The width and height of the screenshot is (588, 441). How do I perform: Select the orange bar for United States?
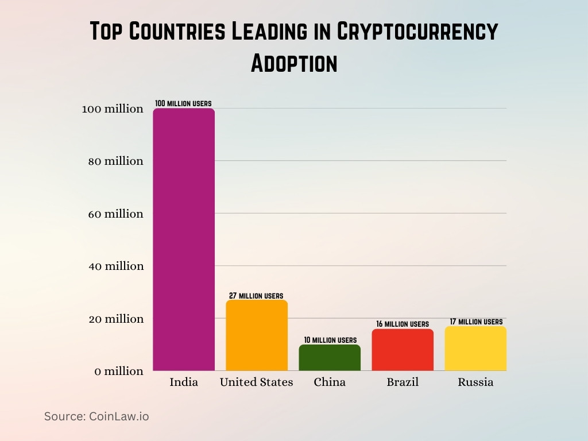coord(257,335)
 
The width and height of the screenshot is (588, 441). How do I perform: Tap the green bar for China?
coord(330,358)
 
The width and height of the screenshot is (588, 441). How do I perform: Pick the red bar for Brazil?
coord(403,350)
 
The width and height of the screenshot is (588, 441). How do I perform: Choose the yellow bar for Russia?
coord(475,349)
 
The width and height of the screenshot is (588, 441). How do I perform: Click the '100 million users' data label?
coord(183,103)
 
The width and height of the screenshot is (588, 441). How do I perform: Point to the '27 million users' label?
coord(256,296)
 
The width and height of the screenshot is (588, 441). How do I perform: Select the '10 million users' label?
coord(330,340)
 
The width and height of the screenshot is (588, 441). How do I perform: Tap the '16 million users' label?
coord(403,324)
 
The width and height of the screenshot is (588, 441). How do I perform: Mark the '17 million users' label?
coord(476,322)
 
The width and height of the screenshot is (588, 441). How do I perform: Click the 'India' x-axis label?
coord(184,382)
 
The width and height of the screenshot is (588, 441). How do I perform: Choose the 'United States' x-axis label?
coord(257,382)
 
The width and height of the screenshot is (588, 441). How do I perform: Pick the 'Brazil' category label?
coord(403,382)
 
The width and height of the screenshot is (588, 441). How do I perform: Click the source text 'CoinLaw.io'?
coord(119,416)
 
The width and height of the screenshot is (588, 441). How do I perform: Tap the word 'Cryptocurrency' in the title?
coord(417,32)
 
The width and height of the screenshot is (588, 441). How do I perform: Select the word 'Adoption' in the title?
coord(294,63)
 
